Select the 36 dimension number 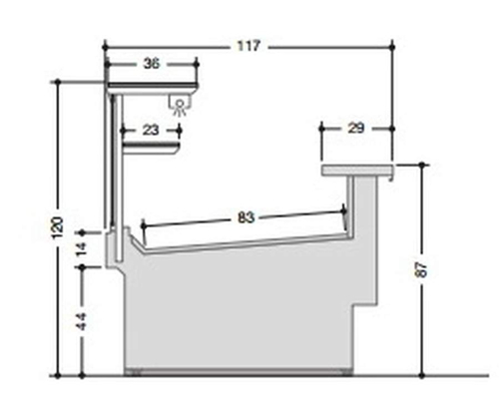pyautogui.click(x=152, y=63)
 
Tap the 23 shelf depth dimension pyautogui.click(x=150, y=129)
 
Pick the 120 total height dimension pyautogui.click(x=59, y=226)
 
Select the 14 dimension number pyautogui.click(x=83, y=247)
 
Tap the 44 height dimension pyautogui.click(x=83, y=322)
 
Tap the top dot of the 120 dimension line pyautogui.click(x=59, y=83)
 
